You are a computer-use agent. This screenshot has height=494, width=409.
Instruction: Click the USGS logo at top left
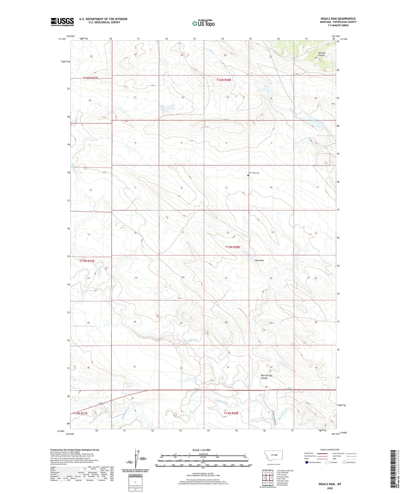point(62,22)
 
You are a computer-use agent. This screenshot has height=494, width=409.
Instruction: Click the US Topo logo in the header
point(203,23)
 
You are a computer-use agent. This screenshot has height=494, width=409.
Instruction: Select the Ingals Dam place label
point(259,260)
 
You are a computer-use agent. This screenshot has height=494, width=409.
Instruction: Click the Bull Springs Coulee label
point(266,377)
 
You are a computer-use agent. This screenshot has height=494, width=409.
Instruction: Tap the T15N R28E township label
point(233,247)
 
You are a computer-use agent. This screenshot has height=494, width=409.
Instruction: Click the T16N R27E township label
point(91,78)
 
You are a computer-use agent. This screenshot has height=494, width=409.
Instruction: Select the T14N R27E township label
point(80,413)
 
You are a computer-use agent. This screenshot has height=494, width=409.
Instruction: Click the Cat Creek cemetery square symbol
point(248,175)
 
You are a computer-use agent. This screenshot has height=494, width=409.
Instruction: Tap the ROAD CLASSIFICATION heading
point(330,450)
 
